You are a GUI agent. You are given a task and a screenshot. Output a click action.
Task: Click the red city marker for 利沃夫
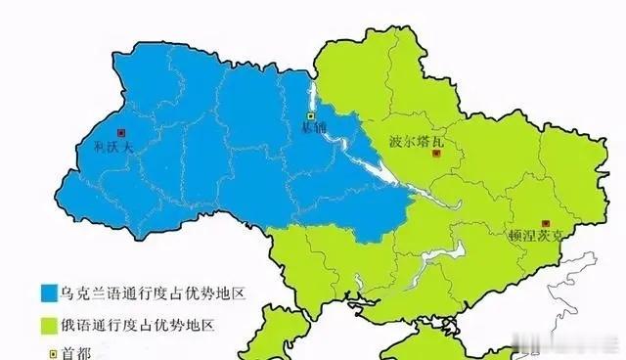(x=120, y=132)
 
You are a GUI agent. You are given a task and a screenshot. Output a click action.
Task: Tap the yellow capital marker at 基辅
(x=311, y=118)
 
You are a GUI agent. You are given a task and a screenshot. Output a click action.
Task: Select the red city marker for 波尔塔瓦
(x=439, y=154)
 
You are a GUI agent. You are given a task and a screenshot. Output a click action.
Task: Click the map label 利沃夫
(x=103, y=149)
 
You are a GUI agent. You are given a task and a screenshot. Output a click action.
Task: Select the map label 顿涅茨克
(x=537, y=237)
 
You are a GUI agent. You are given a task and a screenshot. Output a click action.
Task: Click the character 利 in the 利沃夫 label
(x=88, y=149)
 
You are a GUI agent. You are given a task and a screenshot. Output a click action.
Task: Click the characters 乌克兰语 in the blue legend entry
(x=89, y=293)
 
